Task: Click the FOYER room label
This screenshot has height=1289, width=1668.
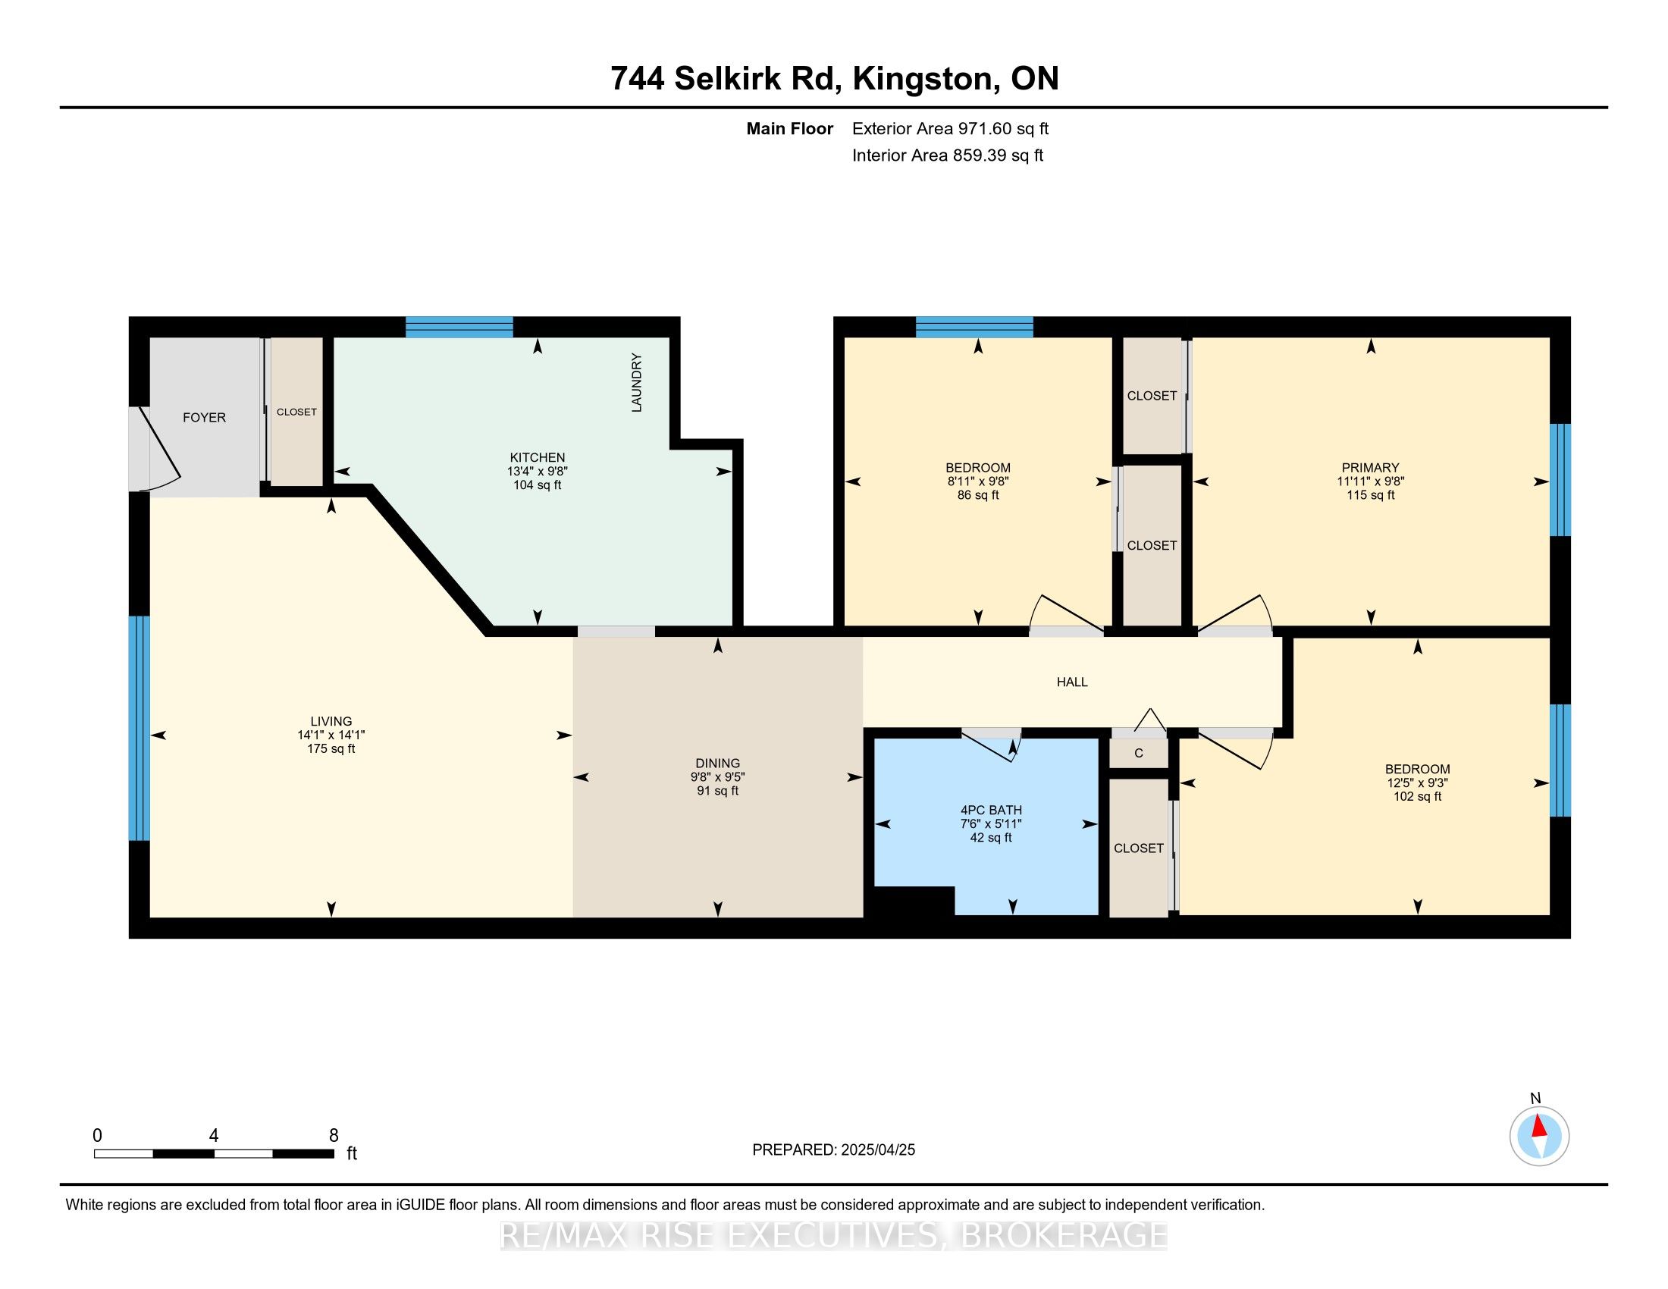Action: [x=204, y=418]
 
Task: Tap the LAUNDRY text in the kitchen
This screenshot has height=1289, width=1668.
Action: [x=636, y=383]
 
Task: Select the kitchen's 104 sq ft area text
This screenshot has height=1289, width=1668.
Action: [x=537, y=485]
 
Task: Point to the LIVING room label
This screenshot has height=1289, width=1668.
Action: [x=331, y=721]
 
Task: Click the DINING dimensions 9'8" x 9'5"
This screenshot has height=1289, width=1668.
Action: [x=717, y=776]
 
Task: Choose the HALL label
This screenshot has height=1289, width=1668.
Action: [x=1071, y=682]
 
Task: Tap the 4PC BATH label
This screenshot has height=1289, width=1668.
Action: [x=991, y=810]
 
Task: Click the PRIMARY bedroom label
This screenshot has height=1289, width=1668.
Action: [x=1370, y=467]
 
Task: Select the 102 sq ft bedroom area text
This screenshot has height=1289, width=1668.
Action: [x=1417, y=795]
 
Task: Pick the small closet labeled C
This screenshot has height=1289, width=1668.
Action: [x=1138, y=753]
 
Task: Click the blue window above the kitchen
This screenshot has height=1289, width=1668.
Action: [x=458, y=327]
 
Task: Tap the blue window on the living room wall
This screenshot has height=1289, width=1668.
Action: [x=139, y=728]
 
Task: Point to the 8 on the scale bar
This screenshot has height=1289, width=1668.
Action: [x=333, y=1135]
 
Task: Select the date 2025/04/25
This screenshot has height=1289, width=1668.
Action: [x=876, y=1149]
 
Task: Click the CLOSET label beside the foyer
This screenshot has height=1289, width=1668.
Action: [x=296, y=412]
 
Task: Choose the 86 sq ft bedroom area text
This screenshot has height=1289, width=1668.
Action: [x=977, y=495]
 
